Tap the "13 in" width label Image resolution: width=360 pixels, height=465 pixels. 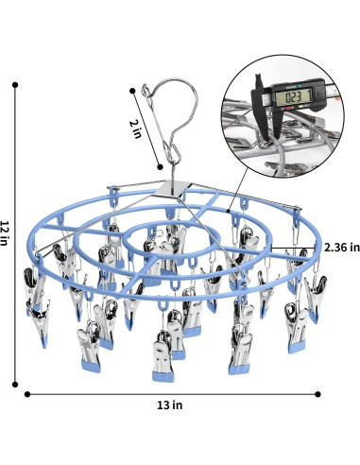click(170, 405)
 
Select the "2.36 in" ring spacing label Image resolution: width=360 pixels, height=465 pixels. click(342, 247)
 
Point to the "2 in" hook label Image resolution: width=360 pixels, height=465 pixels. click(136, 129)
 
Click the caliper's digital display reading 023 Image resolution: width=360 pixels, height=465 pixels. click(293, 96)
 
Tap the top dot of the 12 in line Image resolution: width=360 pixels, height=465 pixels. click(15, 85)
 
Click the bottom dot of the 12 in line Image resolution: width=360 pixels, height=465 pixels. click(15, 384)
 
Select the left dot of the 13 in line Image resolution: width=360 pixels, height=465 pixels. click(27, 394)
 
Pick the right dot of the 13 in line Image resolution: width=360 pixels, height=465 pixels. click(317, 394)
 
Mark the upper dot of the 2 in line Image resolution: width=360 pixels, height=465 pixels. click(132, 91)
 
